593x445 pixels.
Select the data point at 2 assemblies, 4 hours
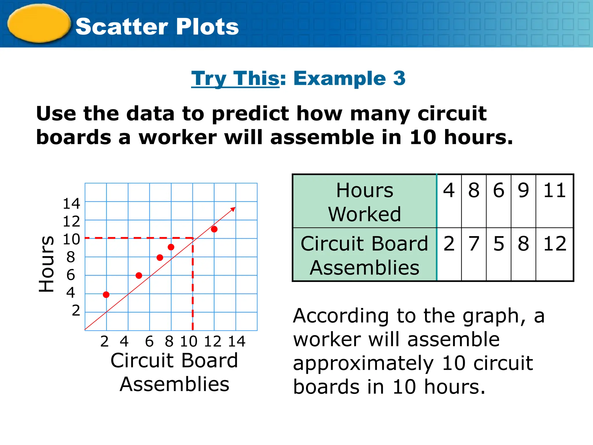point(106,295)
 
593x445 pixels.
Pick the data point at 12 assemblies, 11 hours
point(214,229)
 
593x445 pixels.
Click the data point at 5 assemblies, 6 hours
point(139,276)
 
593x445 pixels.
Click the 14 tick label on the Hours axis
point(72,204)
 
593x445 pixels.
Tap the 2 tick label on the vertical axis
point(76,311)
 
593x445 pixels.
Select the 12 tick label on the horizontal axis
point(213,341)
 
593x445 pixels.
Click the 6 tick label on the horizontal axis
point(149,341)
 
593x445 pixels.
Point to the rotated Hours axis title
point(46,264)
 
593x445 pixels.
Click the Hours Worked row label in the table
point(365,202)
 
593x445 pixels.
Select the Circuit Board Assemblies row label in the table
point(365,255)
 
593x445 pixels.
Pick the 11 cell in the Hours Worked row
point(554,191)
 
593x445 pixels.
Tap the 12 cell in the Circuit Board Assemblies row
point(554,244)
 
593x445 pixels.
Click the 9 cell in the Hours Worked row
point(523,191)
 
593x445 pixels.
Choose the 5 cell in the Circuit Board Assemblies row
point(499,244)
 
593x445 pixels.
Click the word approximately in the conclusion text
point(363,363)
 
